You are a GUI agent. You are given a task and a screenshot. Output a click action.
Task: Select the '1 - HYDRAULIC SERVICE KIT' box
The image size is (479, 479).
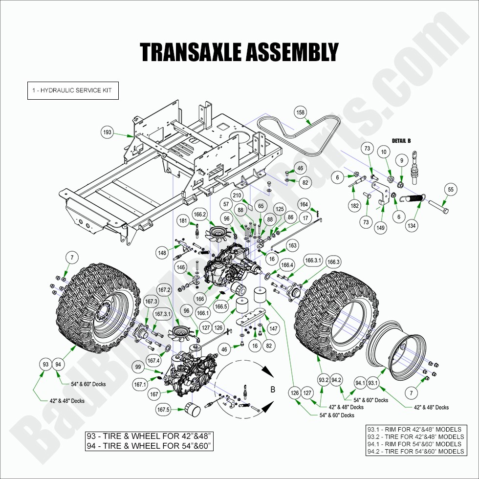(x=72, y=90)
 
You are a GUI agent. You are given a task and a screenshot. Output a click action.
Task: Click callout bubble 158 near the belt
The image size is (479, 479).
(x=300, y=112)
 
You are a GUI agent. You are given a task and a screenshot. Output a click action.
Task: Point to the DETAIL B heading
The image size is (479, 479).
(x=401, y=141)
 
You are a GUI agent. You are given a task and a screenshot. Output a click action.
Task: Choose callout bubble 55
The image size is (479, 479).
(x=451, y=190)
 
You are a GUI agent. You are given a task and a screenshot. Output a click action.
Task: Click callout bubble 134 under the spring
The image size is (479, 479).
(x=412, y=226)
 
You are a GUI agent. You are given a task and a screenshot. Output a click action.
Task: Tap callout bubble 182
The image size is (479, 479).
(x=355, y=206)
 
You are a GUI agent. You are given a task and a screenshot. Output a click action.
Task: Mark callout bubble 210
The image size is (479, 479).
(x=238, y=196)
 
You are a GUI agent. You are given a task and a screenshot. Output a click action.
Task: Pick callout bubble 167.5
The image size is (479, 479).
(x=163, y=410)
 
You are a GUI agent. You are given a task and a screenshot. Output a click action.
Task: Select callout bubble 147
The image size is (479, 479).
(x=274, y=329)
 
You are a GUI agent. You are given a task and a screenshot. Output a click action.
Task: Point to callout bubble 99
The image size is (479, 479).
(x=138, y=367)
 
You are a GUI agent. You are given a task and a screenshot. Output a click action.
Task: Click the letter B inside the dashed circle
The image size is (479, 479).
(x=273, y=389)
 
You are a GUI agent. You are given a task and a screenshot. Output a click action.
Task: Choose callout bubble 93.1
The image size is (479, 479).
(x=372, y=383)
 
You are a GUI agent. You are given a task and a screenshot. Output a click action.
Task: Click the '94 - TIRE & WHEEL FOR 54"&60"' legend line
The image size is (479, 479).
(x=149, y=445)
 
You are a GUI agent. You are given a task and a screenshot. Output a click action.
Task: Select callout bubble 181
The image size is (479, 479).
(x=183, y=220)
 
